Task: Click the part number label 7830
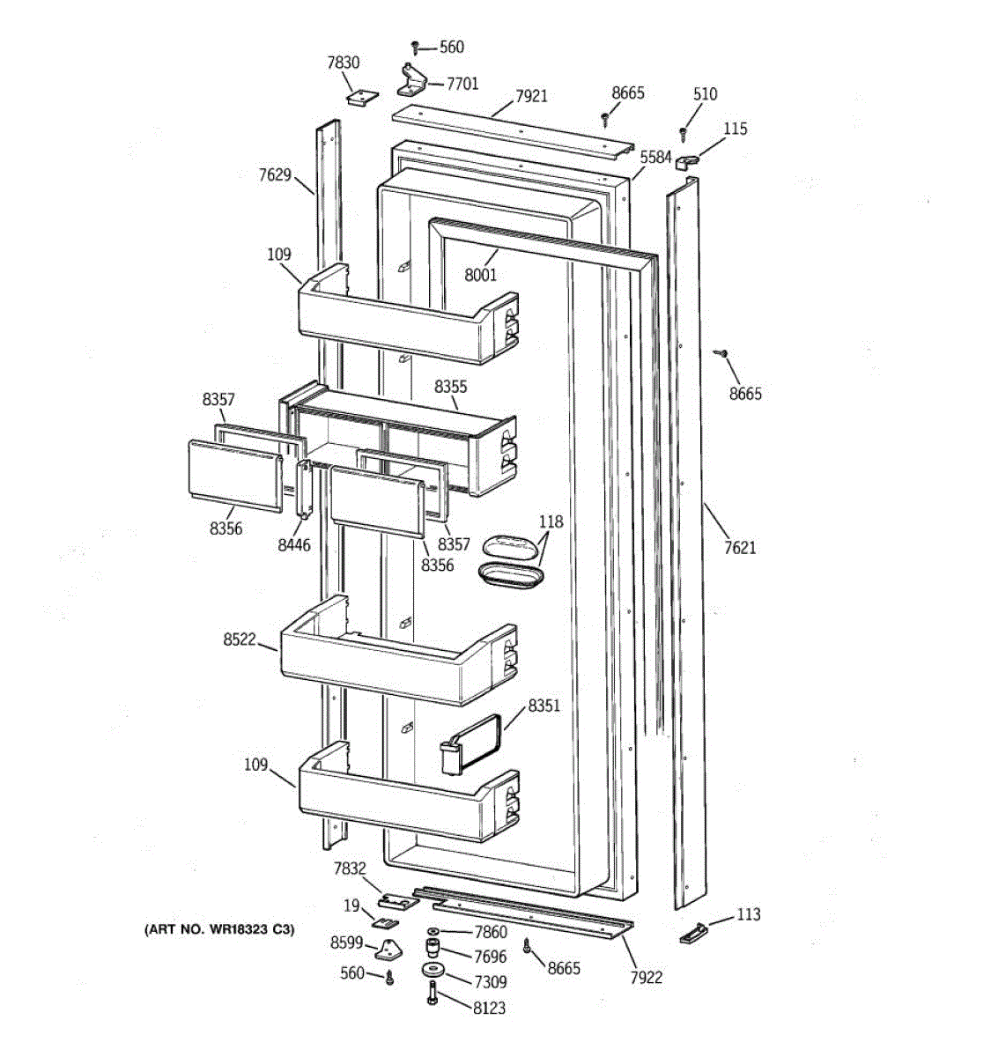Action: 343,63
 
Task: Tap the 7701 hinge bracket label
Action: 462,84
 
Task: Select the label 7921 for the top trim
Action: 531,95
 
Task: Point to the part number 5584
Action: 655,157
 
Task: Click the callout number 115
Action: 735,129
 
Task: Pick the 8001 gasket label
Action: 481,275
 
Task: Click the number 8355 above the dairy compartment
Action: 450,387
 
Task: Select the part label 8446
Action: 293,545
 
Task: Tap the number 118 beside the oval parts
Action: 551,521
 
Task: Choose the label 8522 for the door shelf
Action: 239,639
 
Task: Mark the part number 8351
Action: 544,706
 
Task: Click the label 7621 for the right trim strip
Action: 740,548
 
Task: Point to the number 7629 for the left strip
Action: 275,174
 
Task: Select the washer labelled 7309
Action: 432,971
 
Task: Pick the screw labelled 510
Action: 683,132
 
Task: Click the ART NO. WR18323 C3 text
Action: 219,929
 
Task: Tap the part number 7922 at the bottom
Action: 646,977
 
